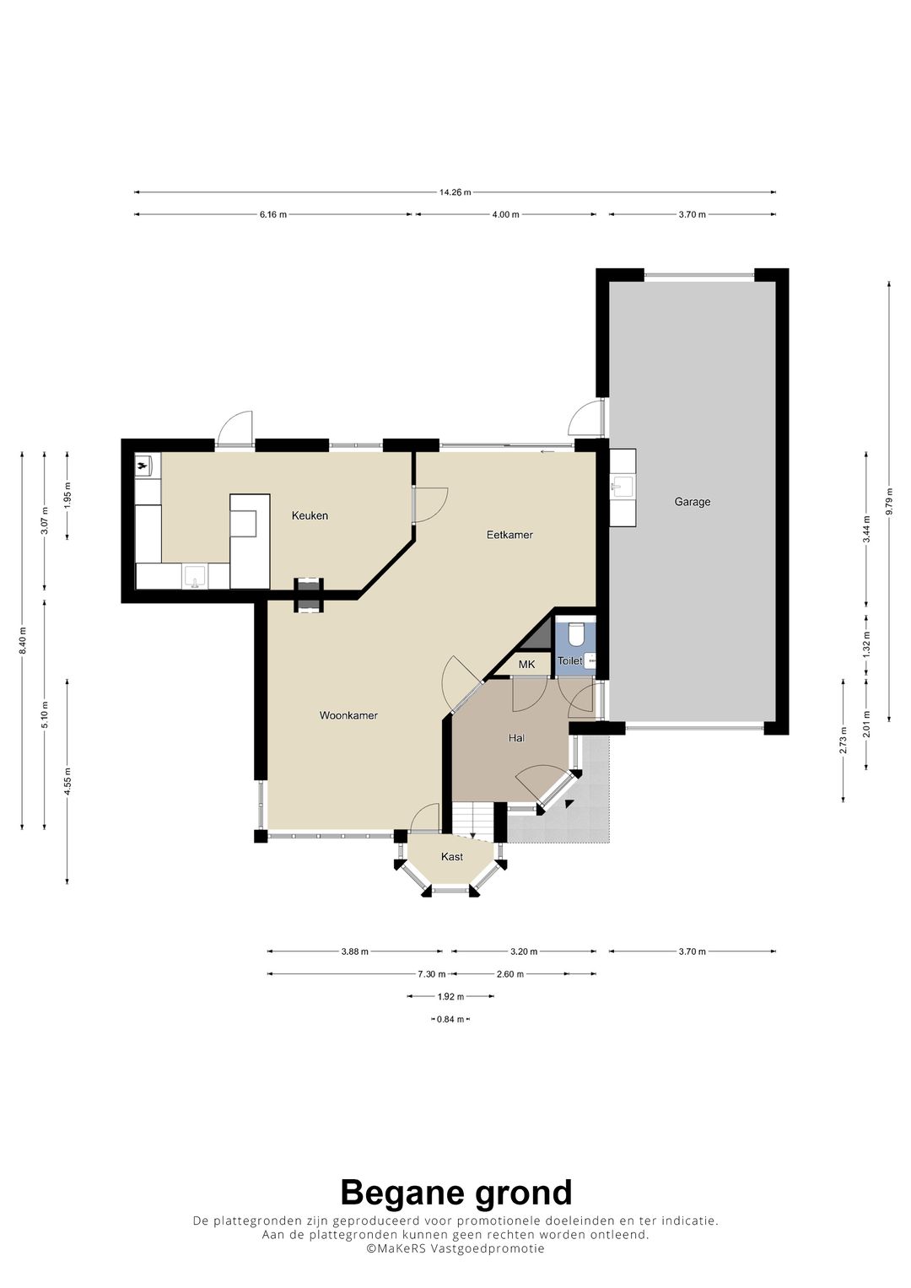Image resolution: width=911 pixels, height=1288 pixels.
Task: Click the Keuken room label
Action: tap(310, 515)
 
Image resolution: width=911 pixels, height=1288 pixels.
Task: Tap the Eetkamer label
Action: tap(509, 535)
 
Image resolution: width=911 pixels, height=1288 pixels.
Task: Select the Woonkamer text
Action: tap(348, 715)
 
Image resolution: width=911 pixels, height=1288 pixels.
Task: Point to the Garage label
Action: tap(693, 502)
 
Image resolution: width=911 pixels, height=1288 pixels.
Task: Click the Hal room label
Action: tap(516, 738)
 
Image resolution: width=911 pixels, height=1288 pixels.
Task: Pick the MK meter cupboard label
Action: tap(527, 665)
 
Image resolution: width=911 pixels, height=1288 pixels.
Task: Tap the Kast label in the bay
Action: tap(452, 857)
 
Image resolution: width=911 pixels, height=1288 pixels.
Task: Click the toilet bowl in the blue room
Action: tap(575, 635)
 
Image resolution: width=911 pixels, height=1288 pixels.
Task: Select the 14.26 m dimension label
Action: tap(455, 192)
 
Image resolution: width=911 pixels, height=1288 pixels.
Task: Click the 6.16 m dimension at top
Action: tap(273, 214)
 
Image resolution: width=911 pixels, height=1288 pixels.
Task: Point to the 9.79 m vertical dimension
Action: tap(889, 502)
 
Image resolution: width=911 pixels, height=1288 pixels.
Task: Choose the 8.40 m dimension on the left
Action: tap(23, 640)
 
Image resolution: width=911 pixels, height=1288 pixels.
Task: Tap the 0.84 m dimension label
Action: tap(450, 1020)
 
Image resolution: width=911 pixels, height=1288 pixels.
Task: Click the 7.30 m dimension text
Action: tap(432, 974)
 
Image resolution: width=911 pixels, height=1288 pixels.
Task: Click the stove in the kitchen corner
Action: tap(143, 465)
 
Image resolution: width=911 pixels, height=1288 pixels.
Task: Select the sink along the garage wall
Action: tap(623, 486)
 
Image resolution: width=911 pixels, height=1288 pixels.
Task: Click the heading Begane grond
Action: tap(456, 1193)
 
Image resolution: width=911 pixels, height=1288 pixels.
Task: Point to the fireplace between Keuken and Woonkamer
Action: tap(309, 595)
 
